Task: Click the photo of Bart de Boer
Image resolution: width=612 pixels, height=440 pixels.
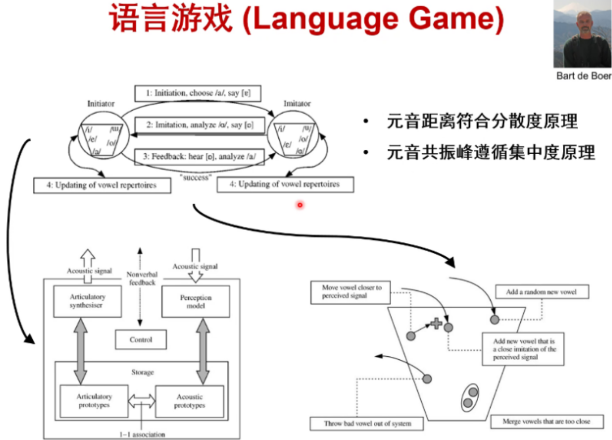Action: point(583,34)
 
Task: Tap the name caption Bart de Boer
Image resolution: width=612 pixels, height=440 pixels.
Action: point(584,76)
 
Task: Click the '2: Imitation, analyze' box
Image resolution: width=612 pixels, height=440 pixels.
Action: point(199,125)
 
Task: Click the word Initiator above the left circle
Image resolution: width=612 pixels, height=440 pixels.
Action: point(100,103)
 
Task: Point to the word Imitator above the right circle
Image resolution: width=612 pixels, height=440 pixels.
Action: point(297,103)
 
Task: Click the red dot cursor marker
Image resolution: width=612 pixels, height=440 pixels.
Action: point(299,205)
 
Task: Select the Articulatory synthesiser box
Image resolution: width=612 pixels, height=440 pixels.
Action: point(87,301)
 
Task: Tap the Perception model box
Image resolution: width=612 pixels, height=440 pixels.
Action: point(196,301)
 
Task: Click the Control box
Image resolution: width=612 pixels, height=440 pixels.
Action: point(141,339)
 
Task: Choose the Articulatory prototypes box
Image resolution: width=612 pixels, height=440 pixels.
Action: point(94,401)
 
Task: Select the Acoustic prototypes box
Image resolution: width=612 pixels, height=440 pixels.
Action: point(189,401)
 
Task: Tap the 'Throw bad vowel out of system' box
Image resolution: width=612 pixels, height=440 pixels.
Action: point(367,424)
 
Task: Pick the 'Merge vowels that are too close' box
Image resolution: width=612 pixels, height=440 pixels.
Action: point(546,421)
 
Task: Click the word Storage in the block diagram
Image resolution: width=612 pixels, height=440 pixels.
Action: point(142,372)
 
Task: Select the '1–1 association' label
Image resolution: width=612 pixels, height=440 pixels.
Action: point(142,434)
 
